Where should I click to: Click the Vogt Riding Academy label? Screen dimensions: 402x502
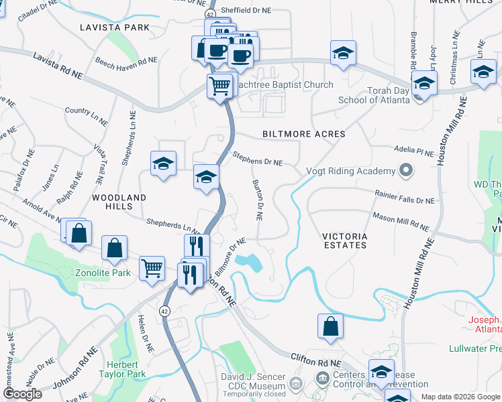coord(348,171)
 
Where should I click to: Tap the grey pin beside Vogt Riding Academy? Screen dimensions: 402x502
coord(405,171)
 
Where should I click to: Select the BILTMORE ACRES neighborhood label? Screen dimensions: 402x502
coord(304,134)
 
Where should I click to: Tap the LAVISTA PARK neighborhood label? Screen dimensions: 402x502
coord(114,27)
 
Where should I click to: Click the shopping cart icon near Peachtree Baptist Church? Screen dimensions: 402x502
coord(220,86)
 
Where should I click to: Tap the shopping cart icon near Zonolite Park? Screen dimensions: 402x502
coord(152,268)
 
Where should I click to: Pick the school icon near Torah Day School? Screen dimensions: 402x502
coord(424,82)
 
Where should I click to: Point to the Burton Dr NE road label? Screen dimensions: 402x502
coord(256,200)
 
